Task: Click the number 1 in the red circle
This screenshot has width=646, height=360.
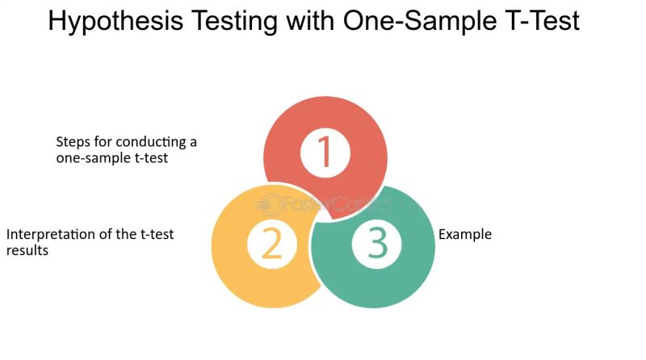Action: point(325,152)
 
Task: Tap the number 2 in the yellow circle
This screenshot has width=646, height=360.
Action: point(272,245)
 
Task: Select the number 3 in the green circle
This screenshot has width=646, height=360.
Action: point(377,244)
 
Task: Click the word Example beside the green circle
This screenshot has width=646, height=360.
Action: point(465,235)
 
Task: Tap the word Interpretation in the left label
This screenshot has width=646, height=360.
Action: point(47,235)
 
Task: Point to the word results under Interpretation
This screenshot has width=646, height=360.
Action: point(27,251)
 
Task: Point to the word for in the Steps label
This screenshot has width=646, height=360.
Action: point(103,142)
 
